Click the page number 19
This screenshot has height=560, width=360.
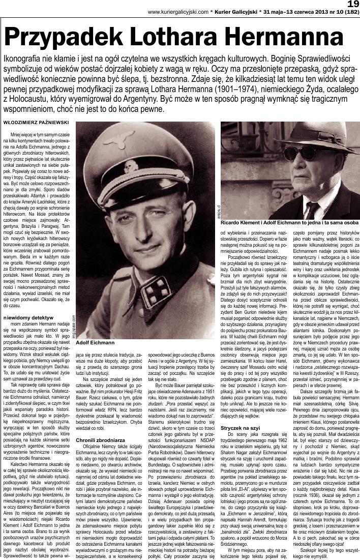tap(352, 4)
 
